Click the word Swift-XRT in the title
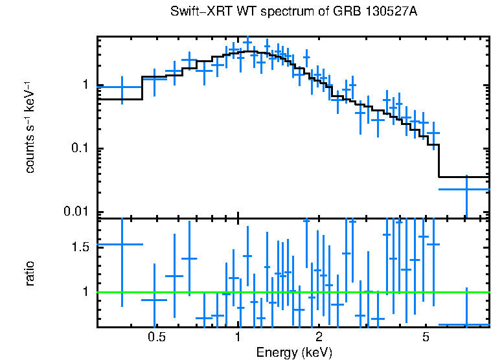tap(194, 13)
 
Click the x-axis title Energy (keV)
tap(294, 352)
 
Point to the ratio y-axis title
tap(30, 273)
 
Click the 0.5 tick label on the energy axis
tap(155, 337)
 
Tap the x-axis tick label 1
tap(238, 337)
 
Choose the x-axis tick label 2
tap(319, 337)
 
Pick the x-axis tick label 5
tap(426, 337)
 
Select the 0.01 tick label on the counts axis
tap(76, 212)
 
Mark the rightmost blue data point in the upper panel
tap(466, 189)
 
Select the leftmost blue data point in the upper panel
tap(121, 87)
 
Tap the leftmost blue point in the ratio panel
tap(121, 244)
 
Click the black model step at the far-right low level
tap(464, 177)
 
